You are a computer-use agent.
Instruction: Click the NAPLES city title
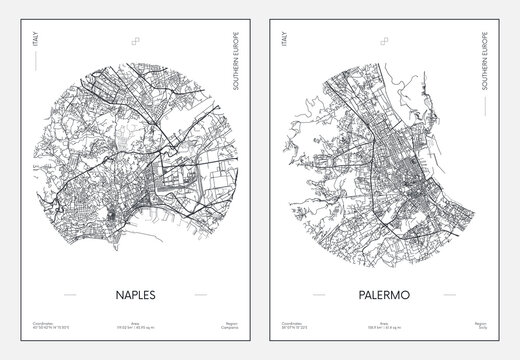point(130,295)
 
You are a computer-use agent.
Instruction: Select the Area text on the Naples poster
point(130,329)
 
